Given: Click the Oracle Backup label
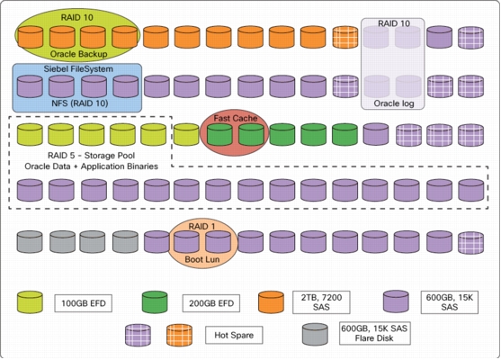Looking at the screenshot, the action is click(78, 54).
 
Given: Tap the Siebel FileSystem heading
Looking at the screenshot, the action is click(78, 69).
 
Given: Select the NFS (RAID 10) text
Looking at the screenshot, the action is click(80, 103).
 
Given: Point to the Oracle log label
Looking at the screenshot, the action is click(394, 103).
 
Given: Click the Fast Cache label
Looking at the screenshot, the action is click(236, 118).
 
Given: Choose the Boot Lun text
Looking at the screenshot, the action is click(202, 259).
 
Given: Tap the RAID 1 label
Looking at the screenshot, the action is click(202, 227).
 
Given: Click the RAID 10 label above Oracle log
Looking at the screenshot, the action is click(394, 23).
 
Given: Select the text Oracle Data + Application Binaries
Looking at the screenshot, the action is click(92, 166).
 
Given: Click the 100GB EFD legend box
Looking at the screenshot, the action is click(84, 303).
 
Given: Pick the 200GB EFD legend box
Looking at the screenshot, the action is click(211, 303).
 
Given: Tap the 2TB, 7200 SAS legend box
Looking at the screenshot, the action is click(321, 302).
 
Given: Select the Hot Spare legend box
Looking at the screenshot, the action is click(234, 335).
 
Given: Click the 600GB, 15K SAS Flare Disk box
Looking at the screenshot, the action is click(374, 334).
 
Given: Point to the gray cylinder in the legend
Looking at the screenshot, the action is click(315, 334).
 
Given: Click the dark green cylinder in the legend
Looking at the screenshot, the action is click(155, 301).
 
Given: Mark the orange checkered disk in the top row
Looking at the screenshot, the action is click(345, 38).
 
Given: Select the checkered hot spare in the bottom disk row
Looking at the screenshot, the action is click(470, 243).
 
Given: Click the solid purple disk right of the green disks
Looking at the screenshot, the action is click(376, 134).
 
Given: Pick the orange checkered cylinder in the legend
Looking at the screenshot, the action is click(179, 335).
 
